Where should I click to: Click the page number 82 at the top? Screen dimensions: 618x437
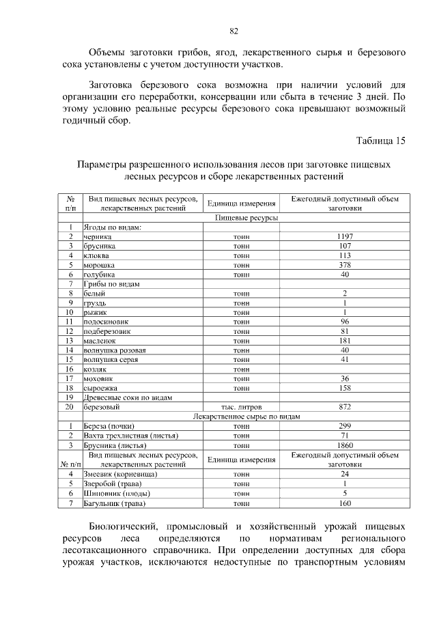point(234,31)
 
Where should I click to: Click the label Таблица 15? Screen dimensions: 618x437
point(381,141)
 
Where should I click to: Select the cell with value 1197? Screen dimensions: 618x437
point(345,236)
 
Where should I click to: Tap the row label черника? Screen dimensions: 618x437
point(98,236)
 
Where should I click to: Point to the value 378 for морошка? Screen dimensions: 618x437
point(345,264)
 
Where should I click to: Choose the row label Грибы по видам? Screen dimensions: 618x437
point(112,283)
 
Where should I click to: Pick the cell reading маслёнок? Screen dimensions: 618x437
point(100,340)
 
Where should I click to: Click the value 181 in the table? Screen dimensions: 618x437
point(345,340)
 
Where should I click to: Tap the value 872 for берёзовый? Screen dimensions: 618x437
point(345,407)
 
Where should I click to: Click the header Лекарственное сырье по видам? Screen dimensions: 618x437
point(246,416)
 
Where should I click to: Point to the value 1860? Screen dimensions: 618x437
point(345,445)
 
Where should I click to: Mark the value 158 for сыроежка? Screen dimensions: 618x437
point(345,388)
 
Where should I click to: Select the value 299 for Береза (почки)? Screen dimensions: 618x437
point(345,425)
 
